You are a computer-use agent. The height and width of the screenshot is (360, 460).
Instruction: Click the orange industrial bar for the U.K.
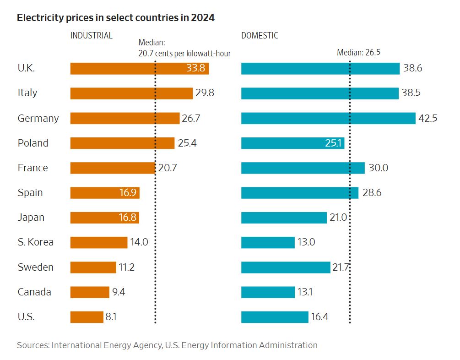(x=124, y=68)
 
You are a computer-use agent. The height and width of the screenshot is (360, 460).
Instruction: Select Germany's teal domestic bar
(x=328, y=118)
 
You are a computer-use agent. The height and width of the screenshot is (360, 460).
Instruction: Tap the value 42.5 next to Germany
(x=428, y=118)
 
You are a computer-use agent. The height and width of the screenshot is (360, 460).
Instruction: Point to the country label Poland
(x=33, y=143)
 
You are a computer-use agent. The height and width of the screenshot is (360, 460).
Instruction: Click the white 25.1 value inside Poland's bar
(x=333, y=143)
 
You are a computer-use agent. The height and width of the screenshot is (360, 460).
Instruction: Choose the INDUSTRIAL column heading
(x=92, y=36)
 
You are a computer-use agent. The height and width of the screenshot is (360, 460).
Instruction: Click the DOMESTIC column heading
(x=260, y=36)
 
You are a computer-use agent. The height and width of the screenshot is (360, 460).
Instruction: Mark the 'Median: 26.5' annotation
(x=359, y=52)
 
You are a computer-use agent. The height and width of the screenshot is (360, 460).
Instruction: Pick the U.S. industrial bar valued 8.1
(x=87, y=316)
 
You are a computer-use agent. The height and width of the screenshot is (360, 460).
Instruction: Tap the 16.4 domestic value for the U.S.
(x=319, y=316)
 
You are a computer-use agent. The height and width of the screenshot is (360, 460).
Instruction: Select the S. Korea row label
(x=36, y=242)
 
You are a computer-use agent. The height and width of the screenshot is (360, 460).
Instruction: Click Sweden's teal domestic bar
(x=286, y=267)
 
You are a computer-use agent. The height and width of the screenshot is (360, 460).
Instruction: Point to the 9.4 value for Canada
(x=119, y=292)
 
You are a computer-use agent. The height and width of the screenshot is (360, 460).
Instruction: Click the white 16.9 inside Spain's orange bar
(x=128, y=192)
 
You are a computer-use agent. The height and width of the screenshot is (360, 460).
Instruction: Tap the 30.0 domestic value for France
(x=378, y=168)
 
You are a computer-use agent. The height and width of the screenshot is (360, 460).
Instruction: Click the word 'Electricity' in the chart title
(x=38, y=18)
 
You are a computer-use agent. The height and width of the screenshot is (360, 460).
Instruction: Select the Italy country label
(x=27, y=93)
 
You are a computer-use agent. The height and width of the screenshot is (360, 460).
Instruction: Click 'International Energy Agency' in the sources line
(x=106, y=345)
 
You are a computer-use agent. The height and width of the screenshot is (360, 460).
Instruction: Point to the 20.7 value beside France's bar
(x=168, y=168)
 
